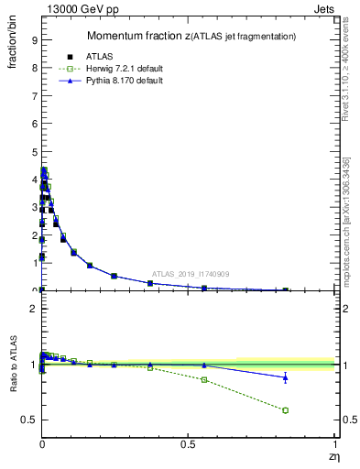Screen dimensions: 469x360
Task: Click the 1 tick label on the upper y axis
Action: point(33,263)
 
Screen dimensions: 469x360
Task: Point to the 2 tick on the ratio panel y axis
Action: point(33,310)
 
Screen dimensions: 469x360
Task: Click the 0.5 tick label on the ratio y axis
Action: point(29,420)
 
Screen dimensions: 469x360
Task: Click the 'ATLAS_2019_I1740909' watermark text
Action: point(191,274)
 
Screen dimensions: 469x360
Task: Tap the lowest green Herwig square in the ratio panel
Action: point(286,410)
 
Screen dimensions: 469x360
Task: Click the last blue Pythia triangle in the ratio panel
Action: point(286,377)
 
